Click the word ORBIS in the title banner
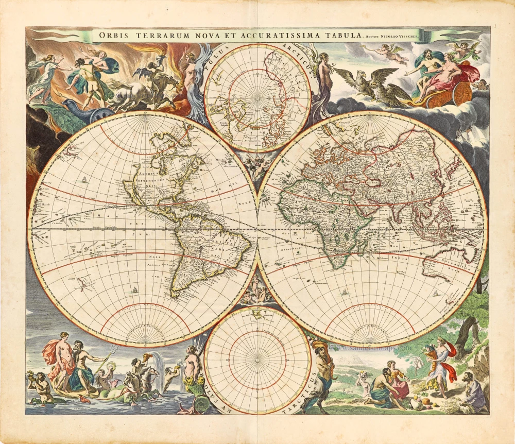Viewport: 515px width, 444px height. point(114,36)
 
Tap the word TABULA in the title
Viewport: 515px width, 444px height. point(340,36)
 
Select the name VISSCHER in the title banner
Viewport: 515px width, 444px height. point(411,36)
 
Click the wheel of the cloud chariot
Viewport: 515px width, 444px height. point(462,94)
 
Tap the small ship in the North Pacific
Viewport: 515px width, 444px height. point(82,180)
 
